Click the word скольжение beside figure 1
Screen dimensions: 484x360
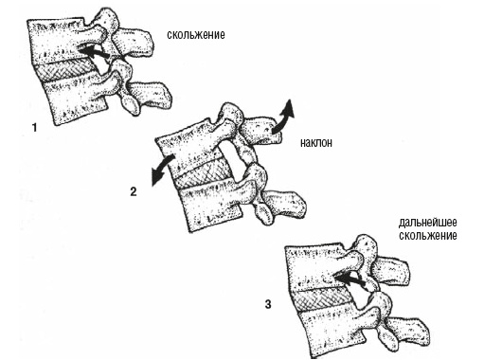tap(196, 34)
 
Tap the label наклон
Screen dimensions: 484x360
tap(316, 143)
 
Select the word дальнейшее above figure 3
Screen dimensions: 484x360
tap(427, 223)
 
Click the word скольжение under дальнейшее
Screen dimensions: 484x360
tap(428, 236)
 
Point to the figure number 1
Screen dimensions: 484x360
tap(34, 128)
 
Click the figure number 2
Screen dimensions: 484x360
tap(134, 191)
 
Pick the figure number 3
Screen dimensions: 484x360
tap(268, 304)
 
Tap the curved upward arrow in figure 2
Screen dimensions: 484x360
tap(283, 117)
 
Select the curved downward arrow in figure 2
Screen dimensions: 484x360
tap(161, 171)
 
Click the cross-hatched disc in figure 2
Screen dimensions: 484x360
tap(202, 173)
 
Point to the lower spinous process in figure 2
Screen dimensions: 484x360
tap(284, 203)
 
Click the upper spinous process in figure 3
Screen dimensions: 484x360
tap(390, 270)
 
